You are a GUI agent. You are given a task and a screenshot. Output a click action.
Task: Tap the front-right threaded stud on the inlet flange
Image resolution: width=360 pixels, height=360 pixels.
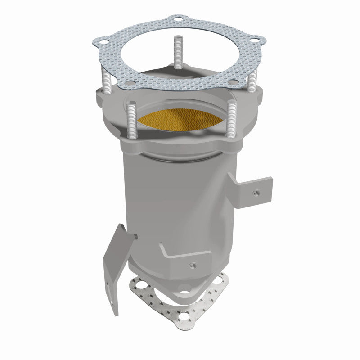click(232, 119)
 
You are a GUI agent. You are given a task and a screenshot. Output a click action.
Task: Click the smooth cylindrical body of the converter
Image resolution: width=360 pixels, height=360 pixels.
click(180, 198)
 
